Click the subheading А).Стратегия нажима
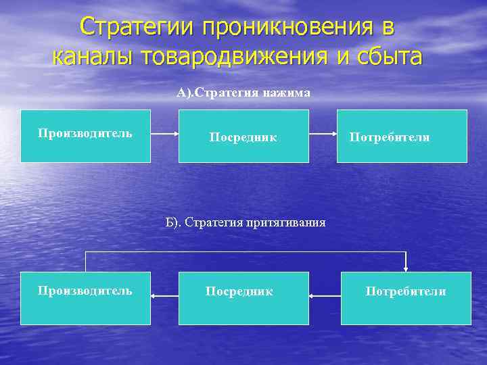pyautogui.click(x=243, y=93)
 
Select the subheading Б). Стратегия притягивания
pyautogui.click(x=246, y=222)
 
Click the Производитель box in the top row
pyautogui.click(x=85, y=136)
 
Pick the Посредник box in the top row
pyautogui.click(x=243, y=136)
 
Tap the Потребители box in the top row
pyautogui.click(x=402, y=136)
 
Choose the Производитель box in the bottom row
pyautogui.click(x=85, y=298)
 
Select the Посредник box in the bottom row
pyautogui.click(x=243, y=298)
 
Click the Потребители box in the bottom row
pyautogui.click(x=406, y=298)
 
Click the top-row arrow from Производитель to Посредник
pyautogui.click(x=164, y=134)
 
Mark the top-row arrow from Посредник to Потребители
pyautogui.click(x=323, y=134)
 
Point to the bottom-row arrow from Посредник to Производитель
pyautogui.click(x=164, y=295)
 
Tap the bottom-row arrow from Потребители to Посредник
pyautogui.click(x=325, y=295)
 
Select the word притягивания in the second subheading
pyautogui.click(x=287, y=222)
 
